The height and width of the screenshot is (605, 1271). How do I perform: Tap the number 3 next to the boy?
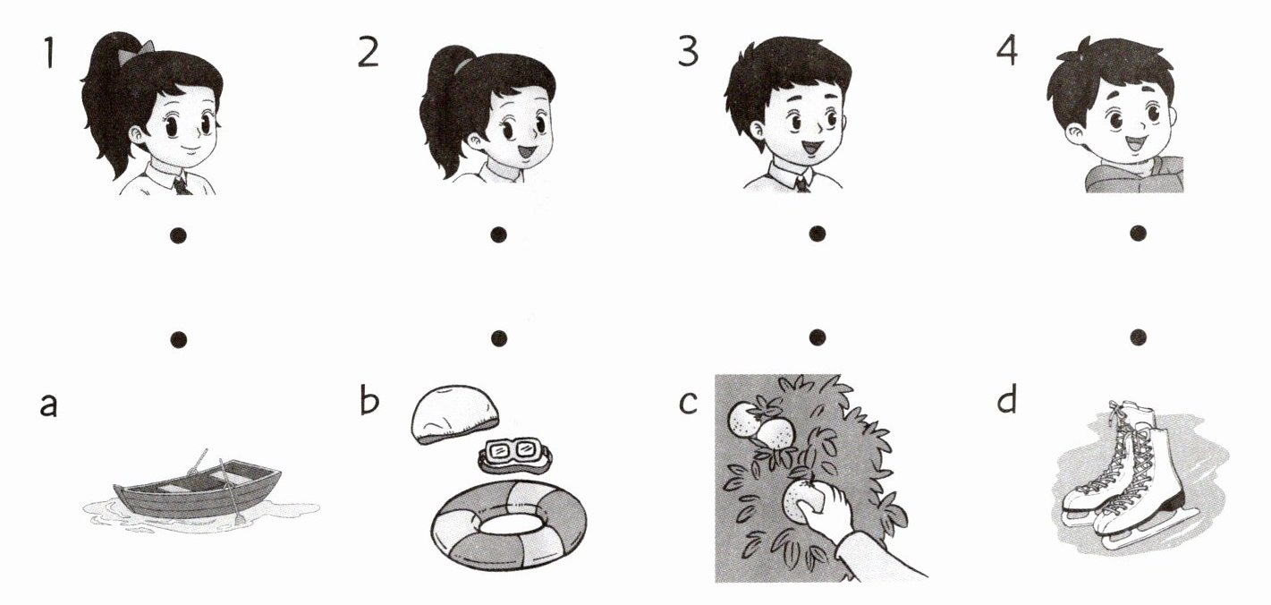(688, 52)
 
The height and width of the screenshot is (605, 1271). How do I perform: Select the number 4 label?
(1007, 52)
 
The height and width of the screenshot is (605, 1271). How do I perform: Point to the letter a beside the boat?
(49, 405)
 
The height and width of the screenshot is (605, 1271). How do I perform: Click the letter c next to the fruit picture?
(688, 403)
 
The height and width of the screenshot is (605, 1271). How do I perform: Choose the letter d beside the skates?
(1007, 399)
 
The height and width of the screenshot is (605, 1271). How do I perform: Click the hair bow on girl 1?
(146, 47)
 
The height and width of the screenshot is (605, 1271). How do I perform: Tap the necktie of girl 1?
(182, 186)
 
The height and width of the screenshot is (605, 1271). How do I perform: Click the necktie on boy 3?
(801, 183)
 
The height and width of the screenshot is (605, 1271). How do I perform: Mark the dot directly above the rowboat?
(179, 339)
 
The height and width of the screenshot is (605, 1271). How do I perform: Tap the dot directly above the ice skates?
(1139, 337)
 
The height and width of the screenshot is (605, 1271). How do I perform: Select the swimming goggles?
(515, 455)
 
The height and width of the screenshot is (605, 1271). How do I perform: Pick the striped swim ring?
(509, 524)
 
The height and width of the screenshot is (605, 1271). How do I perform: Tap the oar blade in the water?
(240, 518)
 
